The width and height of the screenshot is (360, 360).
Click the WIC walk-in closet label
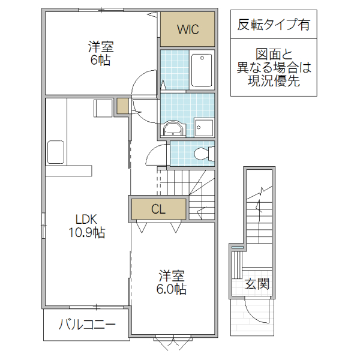(x=187, y=29)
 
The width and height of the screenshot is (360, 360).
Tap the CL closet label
(x=158, y=209)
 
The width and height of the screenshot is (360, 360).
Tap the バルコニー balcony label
(x=86, y=325)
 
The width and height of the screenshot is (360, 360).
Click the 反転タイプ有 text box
(x=274, y=25)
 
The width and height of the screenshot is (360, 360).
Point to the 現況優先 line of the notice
(x=274, y=82)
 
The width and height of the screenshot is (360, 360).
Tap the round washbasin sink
(x=173, y=128)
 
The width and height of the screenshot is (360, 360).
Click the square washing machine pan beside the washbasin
(x=202, y=127)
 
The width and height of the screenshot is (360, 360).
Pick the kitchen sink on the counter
(x=56, y=151)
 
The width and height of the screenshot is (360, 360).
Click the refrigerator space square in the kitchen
(x=103, y=109)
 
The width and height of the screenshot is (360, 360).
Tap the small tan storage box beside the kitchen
(x=122, y=106)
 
